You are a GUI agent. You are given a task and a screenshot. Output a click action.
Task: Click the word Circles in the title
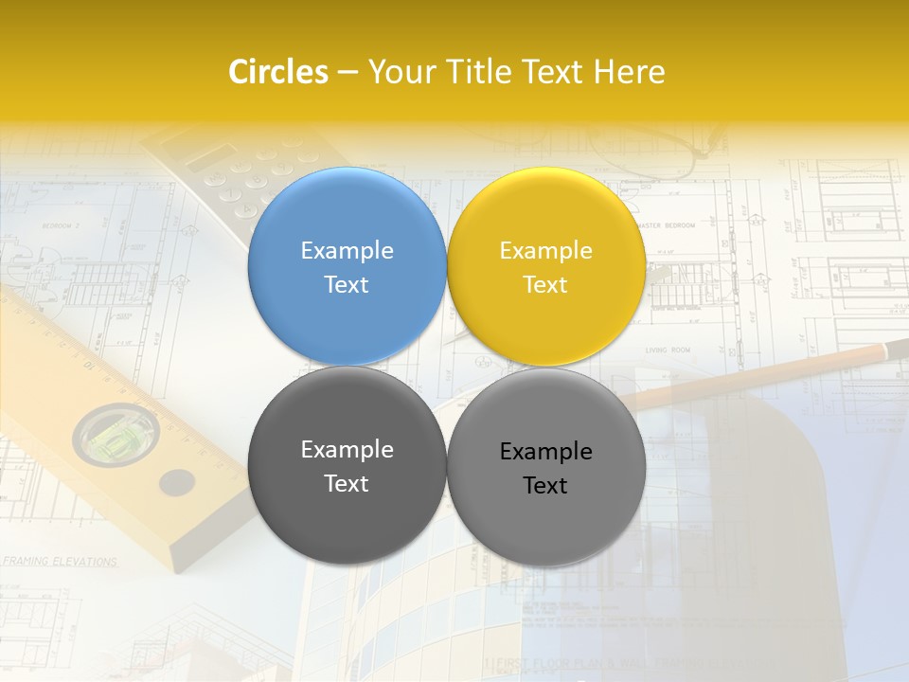tap(278, 72)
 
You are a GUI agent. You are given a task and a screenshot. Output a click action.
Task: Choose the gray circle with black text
tap(546, 516)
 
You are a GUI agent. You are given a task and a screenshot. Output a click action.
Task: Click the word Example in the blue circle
tap(347, 250)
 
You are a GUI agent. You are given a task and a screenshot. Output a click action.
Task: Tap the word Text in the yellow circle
tap(545, 285)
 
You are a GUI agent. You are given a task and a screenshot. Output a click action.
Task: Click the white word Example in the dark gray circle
tap(347, 449)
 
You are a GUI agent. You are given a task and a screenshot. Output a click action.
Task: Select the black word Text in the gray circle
tap(545, 486)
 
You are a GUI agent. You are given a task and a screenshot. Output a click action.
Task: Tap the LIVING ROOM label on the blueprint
tap(668, 350)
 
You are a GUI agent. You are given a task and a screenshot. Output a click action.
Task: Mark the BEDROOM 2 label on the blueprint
tap(61, 226)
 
